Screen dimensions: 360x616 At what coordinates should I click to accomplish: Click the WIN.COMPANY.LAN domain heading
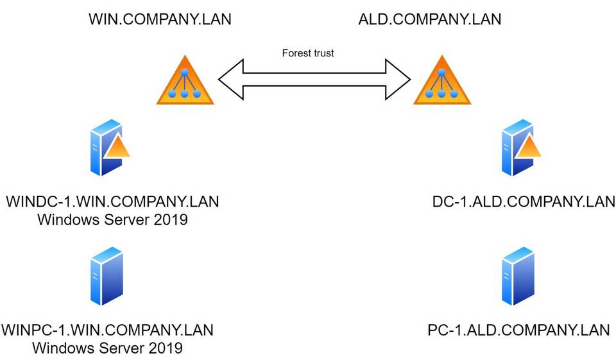(x=160, y=19)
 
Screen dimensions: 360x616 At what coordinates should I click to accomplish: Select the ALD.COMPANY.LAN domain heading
(x=429, y=19)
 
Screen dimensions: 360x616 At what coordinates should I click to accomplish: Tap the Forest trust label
(x=308, y=53)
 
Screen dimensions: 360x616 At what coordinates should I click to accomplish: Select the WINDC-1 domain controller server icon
(x=105, y=148)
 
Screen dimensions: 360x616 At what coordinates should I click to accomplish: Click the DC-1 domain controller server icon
(x=517, y=148)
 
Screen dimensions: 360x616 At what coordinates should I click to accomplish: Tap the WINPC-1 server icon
(x=107, y=276)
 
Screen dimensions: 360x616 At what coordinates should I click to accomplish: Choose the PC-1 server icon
(x=518, y=276)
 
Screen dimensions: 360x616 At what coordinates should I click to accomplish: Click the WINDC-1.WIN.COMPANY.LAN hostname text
(x=112, y=202)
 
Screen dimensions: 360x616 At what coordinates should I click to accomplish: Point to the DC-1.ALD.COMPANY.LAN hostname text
(x=524, y=202)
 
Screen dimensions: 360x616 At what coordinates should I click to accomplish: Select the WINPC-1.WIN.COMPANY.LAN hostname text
(x=108, y=330)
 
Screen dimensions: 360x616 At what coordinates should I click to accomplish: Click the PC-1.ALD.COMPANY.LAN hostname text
(x=518, y=330)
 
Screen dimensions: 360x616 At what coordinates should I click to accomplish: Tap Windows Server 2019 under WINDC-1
(x=112, y=220)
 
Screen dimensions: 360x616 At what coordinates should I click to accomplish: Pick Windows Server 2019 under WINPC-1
(x=108, y=348)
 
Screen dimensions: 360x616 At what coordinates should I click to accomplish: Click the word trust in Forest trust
(x=323, y=53)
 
